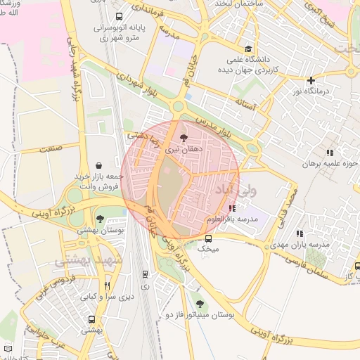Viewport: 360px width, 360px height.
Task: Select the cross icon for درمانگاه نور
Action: point(311,80)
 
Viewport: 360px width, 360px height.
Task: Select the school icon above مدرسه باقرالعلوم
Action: point(232,208)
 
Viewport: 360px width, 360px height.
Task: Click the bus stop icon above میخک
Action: point(207,238)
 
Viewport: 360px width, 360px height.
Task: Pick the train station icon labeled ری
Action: point(145,274)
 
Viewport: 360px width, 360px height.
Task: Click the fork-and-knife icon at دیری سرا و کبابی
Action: point(107,285)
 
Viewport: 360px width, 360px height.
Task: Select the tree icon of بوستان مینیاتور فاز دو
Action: point(200,304)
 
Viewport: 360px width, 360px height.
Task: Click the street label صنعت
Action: point(50,148)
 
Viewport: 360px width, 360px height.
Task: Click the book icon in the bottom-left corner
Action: point(8,349)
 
